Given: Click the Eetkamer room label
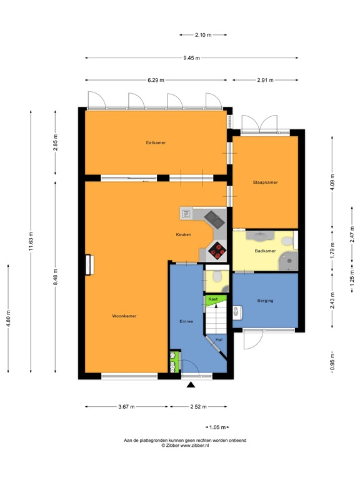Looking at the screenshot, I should (156, 143).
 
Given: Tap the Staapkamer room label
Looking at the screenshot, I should (265, 182).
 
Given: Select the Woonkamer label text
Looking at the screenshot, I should (124, 316).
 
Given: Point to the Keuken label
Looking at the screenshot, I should (183, 234).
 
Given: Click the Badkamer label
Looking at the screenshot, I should (265, 251).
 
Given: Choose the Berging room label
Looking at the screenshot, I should (265, 301).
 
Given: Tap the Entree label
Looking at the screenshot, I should (186, 321).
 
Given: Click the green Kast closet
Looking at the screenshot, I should (214, 299).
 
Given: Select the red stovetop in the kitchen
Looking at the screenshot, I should (217, 251).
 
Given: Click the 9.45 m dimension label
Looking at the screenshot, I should (192, 58).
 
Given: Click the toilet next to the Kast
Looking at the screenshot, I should (216, 276).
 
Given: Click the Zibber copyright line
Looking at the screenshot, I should (185, 446).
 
